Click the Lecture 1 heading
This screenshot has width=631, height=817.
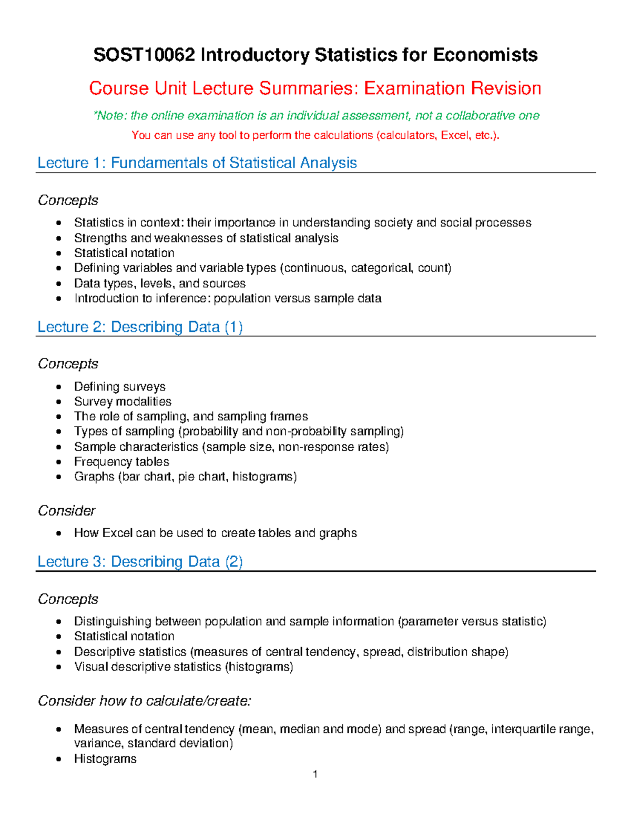197,163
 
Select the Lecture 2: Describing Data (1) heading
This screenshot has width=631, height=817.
140,327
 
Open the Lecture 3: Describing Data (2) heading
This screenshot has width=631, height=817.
140,561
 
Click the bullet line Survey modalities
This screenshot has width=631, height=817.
123,401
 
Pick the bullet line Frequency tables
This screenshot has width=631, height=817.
121,461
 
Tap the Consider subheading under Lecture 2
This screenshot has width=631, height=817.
66,510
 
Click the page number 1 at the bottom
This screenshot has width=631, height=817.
315,774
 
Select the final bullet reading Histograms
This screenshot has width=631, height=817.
105,759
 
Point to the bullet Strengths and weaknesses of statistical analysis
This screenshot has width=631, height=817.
206,238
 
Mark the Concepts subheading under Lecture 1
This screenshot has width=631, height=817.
68,200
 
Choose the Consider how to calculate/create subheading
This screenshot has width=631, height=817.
145,701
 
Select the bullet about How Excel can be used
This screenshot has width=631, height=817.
215,533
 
